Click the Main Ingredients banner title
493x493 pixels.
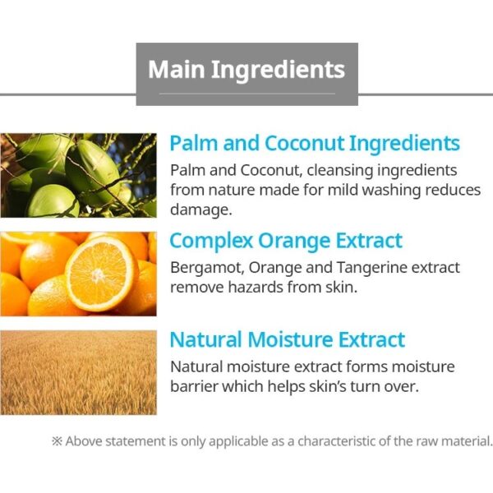click(246, 70)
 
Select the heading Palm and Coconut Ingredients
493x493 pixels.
click(315, 144)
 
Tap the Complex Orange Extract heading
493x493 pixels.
click(286, 241)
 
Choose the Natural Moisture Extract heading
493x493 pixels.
click(288, 340)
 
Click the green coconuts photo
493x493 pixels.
click(78, 176)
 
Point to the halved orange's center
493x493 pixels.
click(98, 275)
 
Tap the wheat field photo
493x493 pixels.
click(78, 372)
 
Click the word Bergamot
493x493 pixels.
click(207, 269)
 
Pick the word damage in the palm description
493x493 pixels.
click(201, 210)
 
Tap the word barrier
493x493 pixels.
click(194, 386)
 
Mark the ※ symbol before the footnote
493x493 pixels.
click(57, 441)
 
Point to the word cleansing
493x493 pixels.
click(340, 171)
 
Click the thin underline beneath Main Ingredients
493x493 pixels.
click(246, 94)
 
